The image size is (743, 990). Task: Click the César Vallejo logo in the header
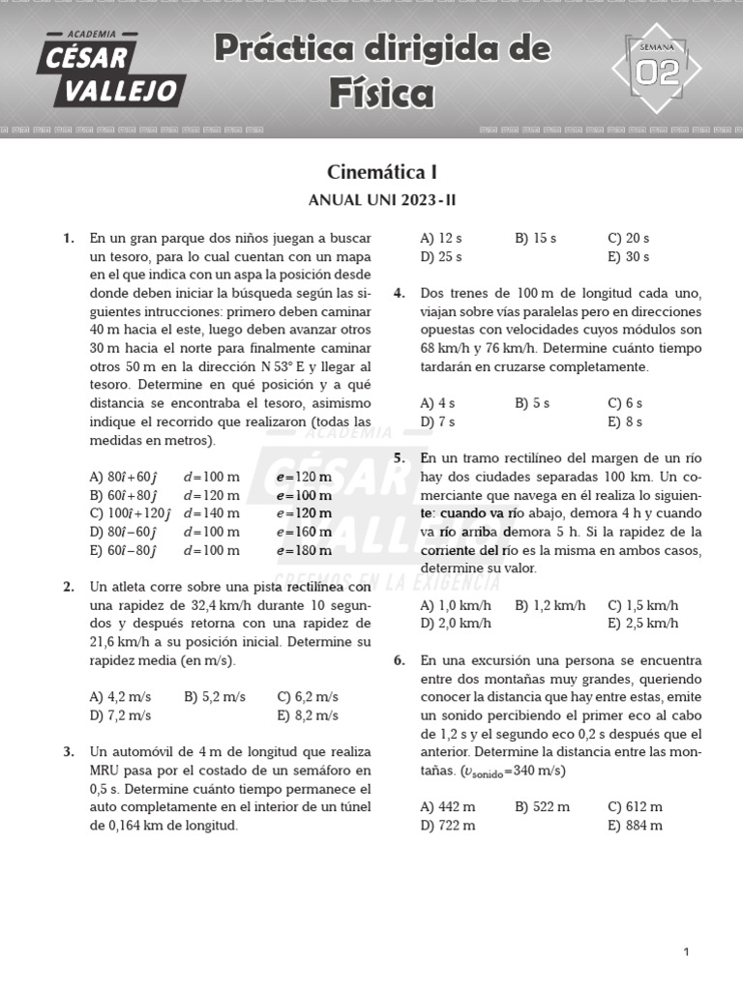(x=110, y=69)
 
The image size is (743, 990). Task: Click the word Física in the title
(x=381, y=94)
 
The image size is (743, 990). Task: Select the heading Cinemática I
(x=382, y=173)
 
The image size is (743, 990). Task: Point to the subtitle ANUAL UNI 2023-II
(x=381, y=201)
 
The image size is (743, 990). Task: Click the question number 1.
(x=68, y=238)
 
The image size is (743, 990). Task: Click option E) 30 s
(x=628, y=257)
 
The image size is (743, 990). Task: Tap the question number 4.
(x=399, y=293)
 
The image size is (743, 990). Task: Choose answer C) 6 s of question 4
(x=625, y=403)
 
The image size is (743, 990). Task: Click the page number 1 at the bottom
(x=686, y=952)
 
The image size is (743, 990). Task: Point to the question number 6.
(x=399, y=660)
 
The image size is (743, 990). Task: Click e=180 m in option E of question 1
(x=303, y=551)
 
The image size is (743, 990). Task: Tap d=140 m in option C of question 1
(x=211, y=513)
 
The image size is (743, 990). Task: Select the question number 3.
(x=68, y=751)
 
